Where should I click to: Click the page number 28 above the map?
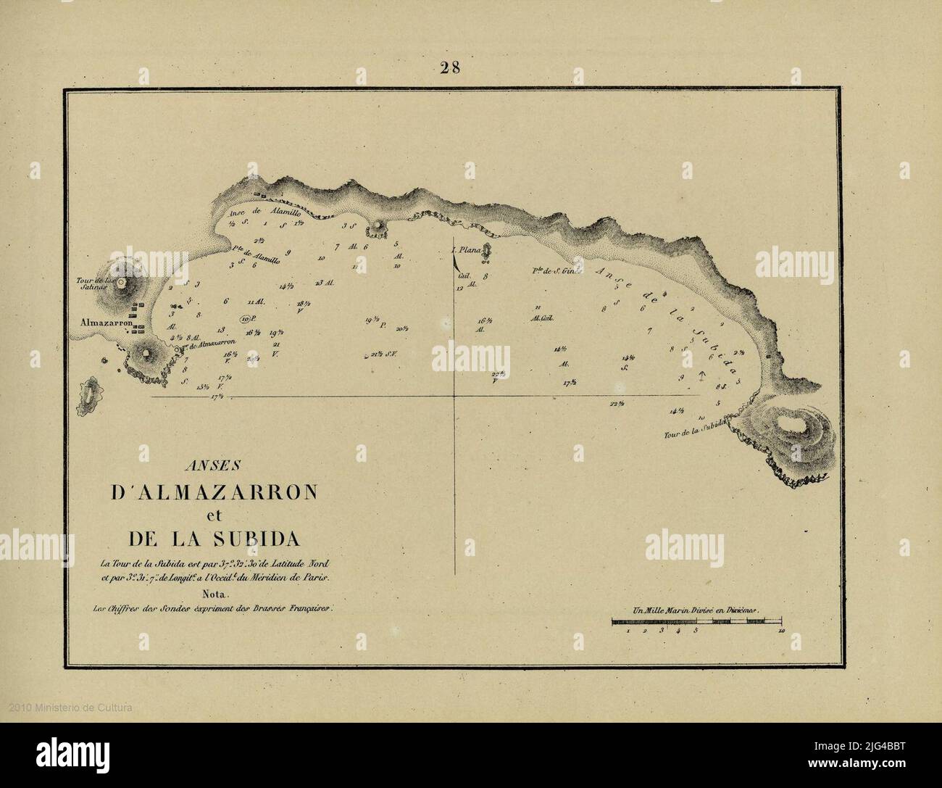point(450,68)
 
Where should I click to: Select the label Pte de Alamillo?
point(252,249)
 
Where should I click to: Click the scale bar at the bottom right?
point(696,622)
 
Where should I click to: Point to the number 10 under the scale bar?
point(780,632)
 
